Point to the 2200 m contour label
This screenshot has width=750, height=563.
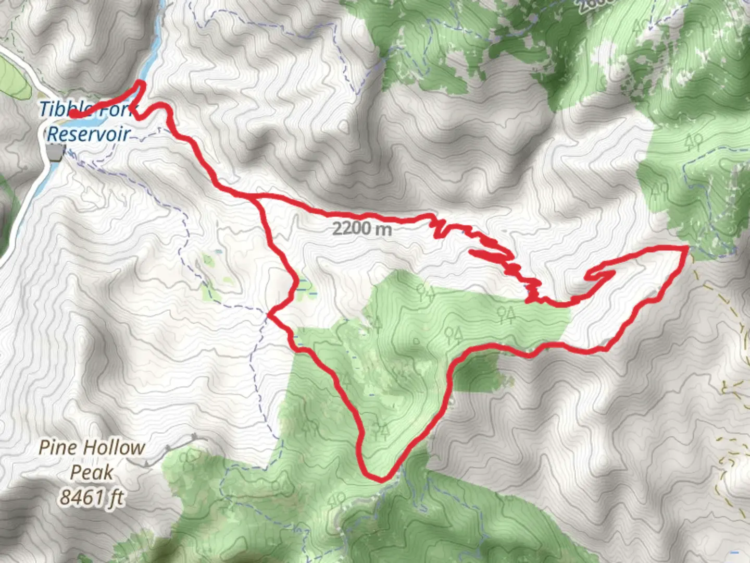click(x=362, y=228)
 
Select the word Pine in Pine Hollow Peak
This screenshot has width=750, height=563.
click(x=58, y=447)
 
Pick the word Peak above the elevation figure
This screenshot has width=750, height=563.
click(x=92, y=472)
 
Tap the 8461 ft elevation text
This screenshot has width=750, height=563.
click(x=92, y=497)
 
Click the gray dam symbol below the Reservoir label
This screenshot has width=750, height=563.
click(x=55, y=152)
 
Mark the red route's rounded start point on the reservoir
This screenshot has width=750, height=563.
click(x=73, y=114)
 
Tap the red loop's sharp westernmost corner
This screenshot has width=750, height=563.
click(x=270, y=314)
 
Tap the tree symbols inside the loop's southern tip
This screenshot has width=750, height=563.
click(x=380, y=432)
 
